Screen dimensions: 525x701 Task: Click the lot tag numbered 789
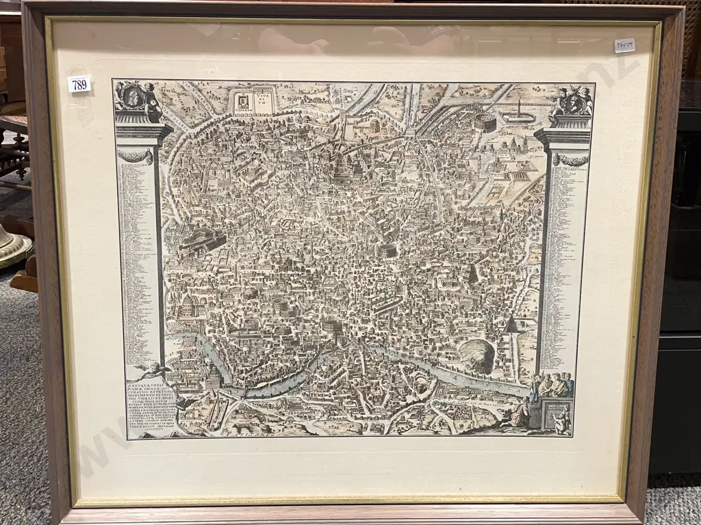(79, 84)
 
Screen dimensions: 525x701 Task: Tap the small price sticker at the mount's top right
(624, 46)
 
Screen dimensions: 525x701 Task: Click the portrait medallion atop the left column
(134, 96)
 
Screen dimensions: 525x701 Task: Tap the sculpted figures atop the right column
(572, 101)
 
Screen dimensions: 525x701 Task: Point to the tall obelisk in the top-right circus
(518, 109)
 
